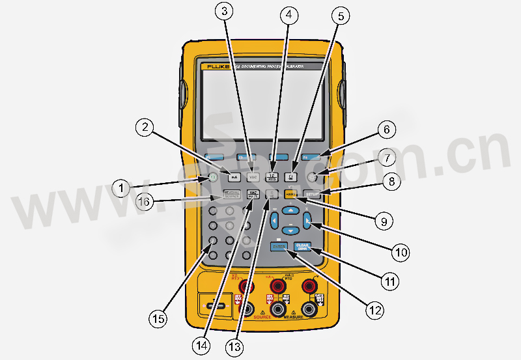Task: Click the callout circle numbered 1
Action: (120, 188)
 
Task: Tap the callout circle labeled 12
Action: (373, 310)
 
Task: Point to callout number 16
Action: (145, 202)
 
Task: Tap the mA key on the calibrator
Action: (234, 176)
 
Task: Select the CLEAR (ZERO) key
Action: (302, 246)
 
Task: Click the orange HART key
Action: (290, 193)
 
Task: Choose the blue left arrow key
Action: (274, 219)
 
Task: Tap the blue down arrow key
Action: (290, 230)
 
